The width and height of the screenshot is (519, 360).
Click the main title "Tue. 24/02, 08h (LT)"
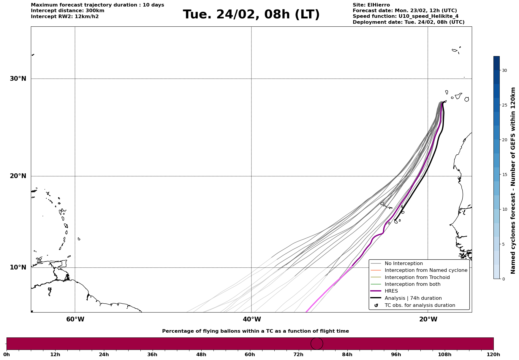pos(251,15)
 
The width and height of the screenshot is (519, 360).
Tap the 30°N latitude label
pos(18,79)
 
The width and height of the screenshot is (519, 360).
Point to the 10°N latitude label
pos(18,267)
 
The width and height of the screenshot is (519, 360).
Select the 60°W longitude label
pos(75,319)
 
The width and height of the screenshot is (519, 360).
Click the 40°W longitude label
pos(252,319)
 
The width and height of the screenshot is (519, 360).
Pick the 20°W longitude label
pos(428,319)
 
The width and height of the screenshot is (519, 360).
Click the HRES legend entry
pos(391,291)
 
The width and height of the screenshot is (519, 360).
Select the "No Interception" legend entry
pos(404,264)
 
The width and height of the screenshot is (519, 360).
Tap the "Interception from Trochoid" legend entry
pos(417,277)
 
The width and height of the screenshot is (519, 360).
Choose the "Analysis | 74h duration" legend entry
pos(413,298)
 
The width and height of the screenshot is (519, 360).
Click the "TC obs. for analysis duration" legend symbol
pos(376,305)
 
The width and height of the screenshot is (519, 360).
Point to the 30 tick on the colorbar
pos(504,70)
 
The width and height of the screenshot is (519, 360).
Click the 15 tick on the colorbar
pos(504,175)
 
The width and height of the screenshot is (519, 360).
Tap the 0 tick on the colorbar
pos(503,279)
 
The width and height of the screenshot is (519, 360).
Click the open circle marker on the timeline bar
pos(317,344)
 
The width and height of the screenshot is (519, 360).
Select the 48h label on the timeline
pos(201,355)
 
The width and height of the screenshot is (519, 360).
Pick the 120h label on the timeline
pos(493,355)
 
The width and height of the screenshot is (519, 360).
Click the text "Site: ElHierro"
pos(371,5)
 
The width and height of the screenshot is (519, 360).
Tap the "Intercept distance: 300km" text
pos(67,11)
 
